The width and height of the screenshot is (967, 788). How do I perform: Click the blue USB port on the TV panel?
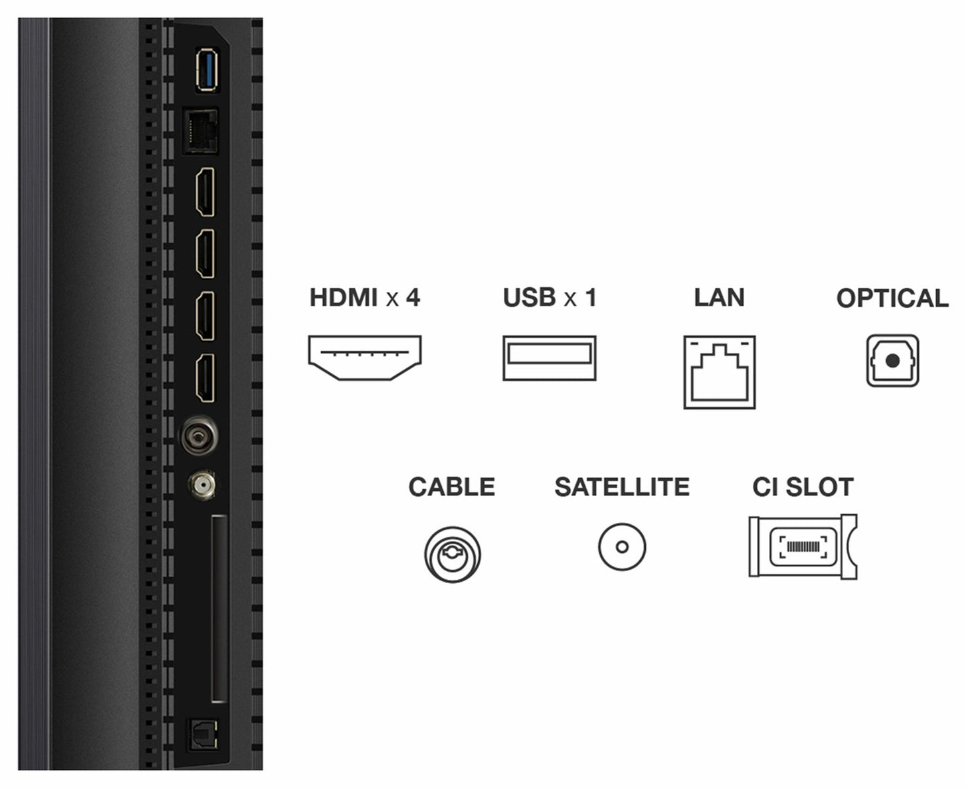tap(207, 70)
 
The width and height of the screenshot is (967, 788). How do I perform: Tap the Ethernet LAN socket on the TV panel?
tap(200, 131)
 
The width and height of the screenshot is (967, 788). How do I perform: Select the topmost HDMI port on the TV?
tap(205, 191)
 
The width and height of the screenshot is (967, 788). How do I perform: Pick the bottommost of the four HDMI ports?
tap(205, 378)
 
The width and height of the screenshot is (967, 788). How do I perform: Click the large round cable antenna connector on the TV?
tap(199, 436)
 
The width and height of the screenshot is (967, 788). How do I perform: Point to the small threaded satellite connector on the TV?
tap(202, 485)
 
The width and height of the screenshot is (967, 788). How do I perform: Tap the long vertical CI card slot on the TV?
tap(219, 609)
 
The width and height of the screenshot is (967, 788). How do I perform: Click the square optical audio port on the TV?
tap(203, 734)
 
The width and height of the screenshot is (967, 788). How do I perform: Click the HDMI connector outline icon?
tap(365, 358)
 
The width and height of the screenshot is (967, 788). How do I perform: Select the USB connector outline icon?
tap(549, 358)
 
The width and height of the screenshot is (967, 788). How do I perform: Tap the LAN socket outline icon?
tap(719, 372)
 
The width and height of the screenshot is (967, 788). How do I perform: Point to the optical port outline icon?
tap(893, 361)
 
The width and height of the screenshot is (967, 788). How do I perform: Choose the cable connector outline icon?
tap(452, 554)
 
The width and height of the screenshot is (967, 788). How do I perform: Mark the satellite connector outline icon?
tap(622, 547)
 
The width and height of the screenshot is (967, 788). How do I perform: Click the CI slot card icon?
tap(802, 547)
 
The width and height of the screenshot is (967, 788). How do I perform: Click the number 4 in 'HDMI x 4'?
tap(413, 297)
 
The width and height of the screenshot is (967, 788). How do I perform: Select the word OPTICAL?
tap(893, 299)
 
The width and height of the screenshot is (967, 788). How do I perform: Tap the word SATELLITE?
tap(622, 487)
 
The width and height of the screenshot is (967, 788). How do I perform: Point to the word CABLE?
tap(452, 487)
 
